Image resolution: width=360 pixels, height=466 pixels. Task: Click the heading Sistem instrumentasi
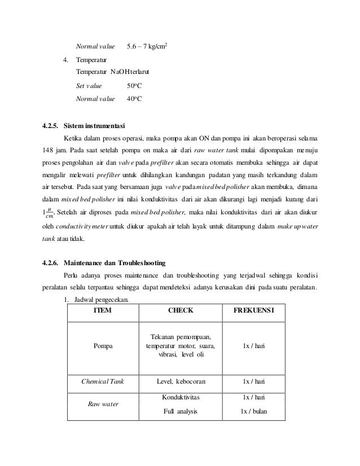click(95, 125)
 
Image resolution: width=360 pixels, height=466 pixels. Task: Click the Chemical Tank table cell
click(102, 381)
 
